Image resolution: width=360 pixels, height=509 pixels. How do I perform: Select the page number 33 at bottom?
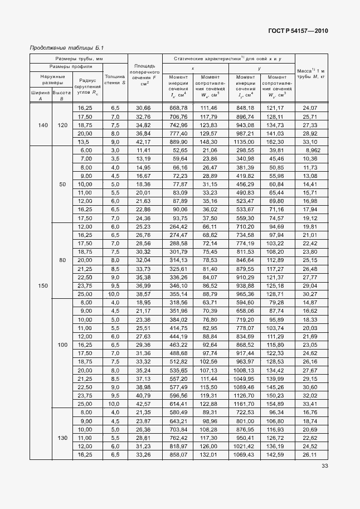pos(324,467)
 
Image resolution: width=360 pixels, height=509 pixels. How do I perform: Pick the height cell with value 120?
pos(62,125)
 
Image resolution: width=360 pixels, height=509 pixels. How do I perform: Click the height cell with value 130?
pos(62,438)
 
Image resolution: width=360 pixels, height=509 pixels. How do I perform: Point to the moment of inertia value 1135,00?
pos(245,142)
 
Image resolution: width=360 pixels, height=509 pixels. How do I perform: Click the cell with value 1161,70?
pos(245,403)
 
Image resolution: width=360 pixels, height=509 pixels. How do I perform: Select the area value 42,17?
pos(144,142)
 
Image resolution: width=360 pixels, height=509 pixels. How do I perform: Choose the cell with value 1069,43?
pos(245,455)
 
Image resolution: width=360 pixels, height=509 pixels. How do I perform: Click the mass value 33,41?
pos(310,403)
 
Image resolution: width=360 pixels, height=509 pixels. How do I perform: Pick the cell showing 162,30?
pos(277,142)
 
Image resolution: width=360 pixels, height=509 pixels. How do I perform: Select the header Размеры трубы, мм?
pos(78,58)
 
